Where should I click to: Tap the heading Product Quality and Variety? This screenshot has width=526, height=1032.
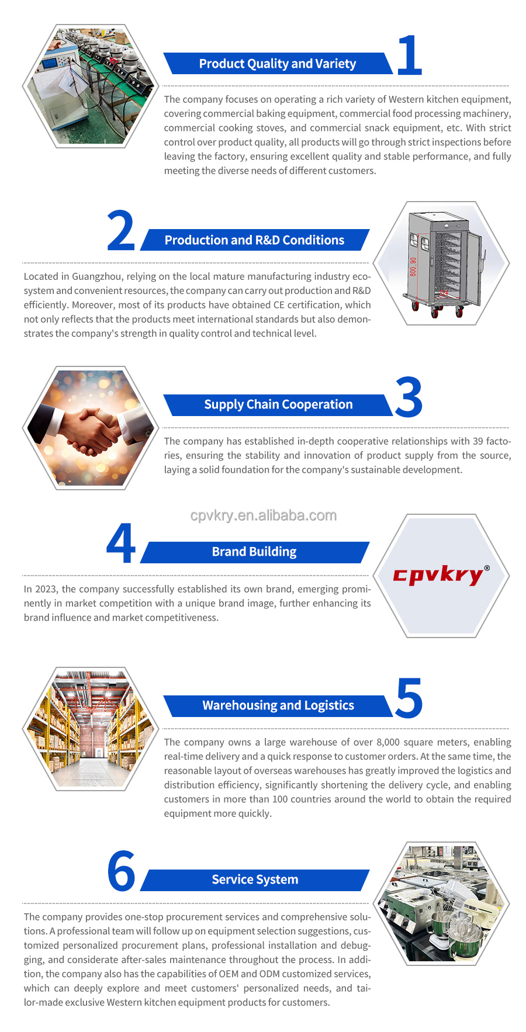point(278,64)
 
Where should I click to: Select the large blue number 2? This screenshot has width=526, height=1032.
point(121,231)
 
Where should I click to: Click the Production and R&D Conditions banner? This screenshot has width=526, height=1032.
point(255,240)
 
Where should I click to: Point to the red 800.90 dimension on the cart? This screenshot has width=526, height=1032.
point(413,266)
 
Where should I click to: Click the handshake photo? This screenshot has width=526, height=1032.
point(91,428)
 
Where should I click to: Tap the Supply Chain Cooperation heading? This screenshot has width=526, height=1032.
point(278,404)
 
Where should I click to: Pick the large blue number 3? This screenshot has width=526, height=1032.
point(409,397)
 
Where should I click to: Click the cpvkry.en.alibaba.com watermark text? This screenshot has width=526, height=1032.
point(264,515)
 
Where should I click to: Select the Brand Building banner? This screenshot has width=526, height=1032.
point(255,552)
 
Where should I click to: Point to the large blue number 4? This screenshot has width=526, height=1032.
point(121,543)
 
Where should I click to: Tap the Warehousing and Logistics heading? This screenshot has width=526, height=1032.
point(278,705)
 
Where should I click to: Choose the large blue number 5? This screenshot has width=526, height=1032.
point(409,698)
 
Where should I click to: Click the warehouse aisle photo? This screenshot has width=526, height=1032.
point(91,729)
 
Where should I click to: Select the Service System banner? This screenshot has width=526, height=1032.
point(255,880)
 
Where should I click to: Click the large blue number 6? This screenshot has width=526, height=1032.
point(121,871)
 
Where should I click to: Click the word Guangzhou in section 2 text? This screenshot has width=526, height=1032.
point(97,276)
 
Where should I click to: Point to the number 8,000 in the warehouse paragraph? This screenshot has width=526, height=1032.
point(388,742)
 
